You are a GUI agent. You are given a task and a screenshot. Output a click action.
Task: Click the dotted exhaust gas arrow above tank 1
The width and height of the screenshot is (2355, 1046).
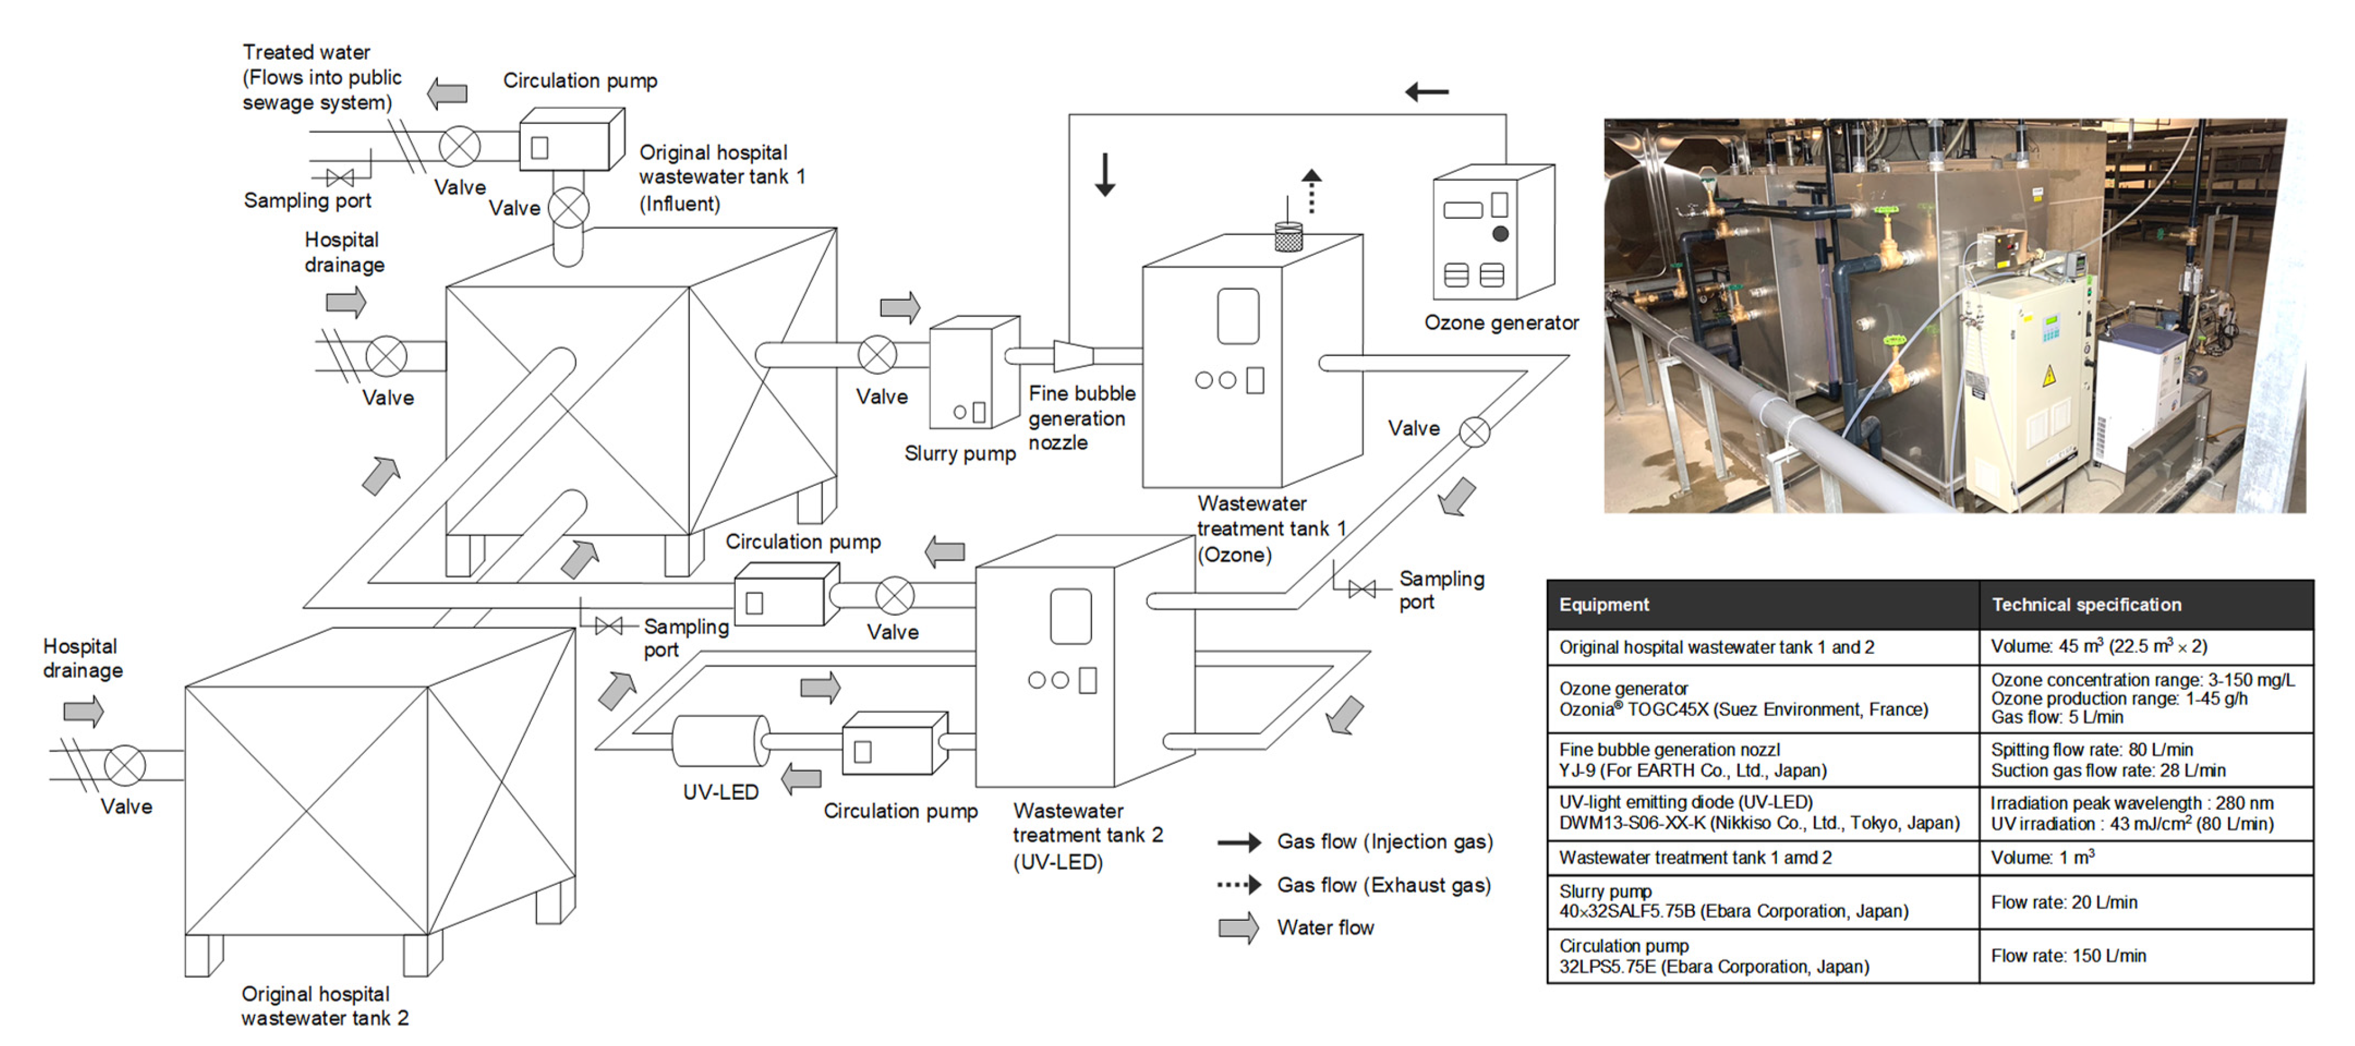[x=1312, y=190]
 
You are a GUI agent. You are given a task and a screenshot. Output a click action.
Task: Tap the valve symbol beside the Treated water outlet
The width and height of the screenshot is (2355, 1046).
[x=460, y=147]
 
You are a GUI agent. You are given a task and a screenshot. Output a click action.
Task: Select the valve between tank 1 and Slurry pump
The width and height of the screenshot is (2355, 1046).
[x=877, y=355]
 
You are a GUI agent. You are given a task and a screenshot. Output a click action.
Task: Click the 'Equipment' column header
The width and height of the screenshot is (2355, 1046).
[x=1604, y=605]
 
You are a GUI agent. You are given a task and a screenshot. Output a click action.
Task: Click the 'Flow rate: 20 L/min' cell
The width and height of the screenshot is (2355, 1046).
[x=2064, y=902]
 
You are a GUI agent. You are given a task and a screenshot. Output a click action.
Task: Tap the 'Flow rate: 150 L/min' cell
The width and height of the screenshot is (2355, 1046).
[x=2068, y=956]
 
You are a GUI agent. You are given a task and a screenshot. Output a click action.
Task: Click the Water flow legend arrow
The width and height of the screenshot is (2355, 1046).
[x=1239, y=927]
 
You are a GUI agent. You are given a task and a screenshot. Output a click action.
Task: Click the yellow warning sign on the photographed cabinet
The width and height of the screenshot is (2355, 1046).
[x=2049, y=375]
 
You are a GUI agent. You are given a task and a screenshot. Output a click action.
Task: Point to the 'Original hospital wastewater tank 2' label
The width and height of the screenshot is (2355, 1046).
[x=324, y=1006]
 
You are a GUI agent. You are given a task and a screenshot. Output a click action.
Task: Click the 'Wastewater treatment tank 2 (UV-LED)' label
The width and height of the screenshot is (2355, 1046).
[x=1087, y=836]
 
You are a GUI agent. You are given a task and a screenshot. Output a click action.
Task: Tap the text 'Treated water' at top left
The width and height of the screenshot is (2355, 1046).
[x=306, y=52]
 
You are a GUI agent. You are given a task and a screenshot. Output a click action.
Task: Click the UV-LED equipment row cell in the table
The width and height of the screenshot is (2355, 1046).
[x=1758, y=813]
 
